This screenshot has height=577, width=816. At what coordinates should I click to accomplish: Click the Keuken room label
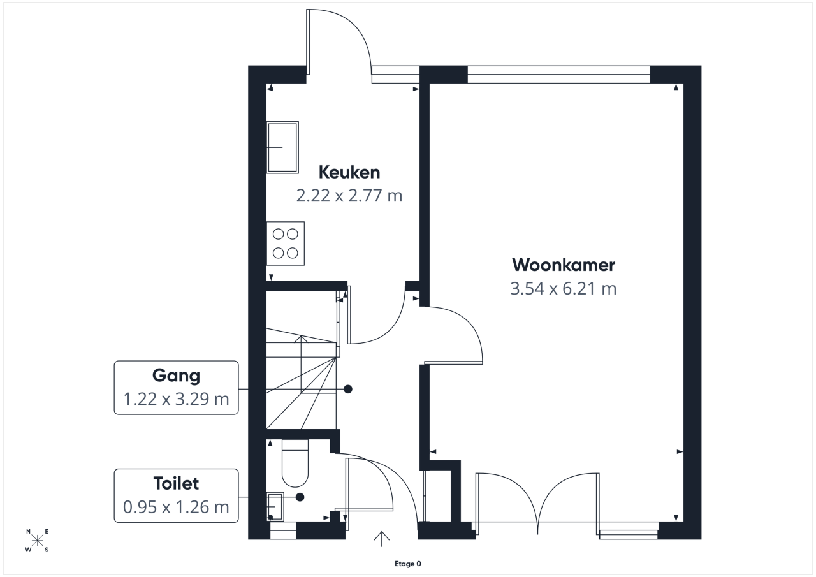tap(349, 172)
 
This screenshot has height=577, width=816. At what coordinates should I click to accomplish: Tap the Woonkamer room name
tap(564, 265)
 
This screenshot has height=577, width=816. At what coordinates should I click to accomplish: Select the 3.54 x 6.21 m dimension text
tap(564, 288)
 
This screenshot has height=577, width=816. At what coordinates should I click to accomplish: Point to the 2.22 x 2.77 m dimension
tap(349, 196)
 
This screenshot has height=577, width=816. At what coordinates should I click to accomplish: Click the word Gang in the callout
tap(177, 376)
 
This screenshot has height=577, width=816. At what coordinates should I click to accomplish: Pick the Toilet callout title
tap(177, 483)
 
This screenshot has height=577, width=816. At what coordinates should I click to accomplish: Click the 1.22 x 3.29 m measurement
tap(177, 399)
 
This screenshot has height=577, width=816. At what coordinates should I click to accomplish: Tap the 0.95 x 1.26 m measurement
tap(177, 507)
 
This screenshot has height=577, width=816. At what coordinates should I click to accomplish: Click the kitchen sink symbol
tap(282, 147)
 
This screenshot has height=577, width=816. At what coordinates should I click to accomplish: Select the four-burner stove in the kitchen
tap(286, 244)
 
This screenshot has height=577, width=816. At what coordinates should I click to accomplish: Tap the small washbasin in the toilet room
tap(275, 506)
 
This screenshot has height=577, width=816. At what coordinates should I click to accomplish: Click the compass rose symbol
tap(37, 540)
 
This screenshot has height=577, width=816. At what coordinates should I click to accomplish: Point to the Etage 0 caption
tap(408, 564)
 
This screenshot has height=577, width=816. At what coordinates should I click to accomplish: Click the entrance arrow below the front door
tap(381, 539)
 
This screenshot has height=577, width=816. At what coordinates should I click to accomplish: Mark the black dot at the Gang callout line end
tap(348, 389)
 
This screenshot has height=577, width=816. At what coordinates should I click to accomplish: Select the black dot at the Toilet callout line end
tap(300, 497)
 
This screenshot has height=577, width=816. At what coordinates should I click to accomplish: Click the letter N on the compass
tap(28, 532)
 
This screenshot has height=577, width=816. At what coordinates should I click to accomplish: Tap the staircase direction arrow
tap(301, 383)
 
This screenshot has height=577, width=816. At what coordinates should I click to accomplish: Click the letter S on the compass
tap(47, 550)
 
